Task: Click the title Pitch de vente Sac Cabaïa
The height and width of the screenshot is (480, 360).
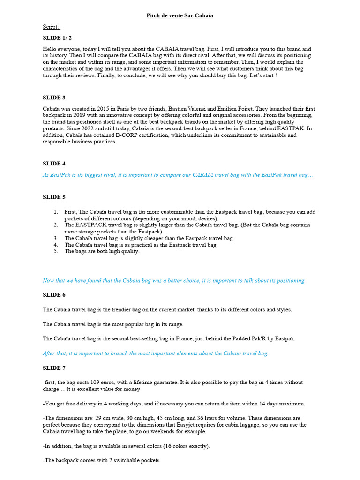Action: tap(180, 15)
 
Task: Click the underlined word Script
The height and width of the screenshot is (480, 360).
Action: tap(51, 27)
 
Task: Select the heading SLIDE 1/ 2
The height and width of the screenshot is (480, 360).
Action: tap(58, 37)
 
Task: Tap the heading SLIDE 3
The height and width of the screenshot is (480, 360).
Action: tap(54, 97)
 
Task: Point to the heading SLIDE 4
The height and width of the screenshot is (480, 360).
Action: tap(54, 164)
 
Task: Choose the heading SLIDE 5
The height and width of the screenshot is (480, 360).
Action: tap(54, 197)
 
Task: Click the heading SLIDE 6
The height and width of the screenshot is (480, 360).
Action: tap(54, 295)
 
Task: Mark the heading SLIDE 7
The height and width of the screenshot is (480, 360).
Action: tap(54, 368)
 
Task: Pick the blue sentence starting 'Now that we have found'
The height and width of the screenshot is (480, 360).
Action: tap(174, 280)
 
